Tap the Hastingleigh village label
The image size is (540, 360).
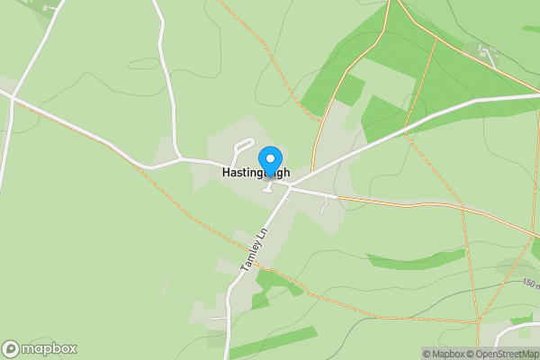[267, 170]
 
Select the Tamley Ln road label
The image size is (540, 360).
[255, 249]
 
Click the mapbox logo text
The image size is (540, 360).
[49, 348]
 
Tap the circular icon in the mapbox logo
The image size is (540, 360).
[11, 348]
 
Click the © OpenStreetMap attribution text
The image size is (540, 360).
[508, 354]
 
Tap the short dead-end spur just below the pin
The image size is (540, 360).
[268, 187]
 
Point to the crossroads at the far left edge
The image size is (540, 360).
[13, 97]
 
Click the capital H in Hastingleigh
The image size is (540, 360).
[227, 170]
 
